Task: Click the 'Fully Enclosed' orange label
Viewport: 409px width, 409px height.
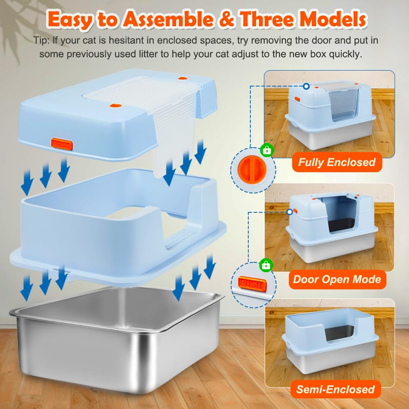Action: pyautogui.click(x=337, y=162)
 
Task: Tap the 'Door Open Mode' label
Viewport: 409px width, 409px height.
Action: pyautogui.click(x=337, y=279)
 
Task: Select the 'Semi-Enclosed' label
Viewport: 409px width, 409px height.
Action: pyautogui.click(x=336, y=389)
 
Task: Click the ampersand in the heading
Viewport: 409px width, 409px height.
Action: pyautogui.click(x=226, y=20)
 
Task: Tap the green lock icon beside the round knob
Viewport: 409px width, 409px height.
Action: pyautogui.click(x=267, y=150)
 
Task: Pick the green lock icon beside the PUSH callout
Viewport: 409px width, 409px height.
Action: pyautogui.click(x=266, y=265)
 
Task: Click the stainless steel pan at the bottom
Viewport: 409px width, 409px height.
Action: pyautogui.click(x=117, y=339)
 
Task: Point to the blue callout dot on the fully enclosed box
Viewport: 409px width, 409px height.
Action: pyautogui.click(x=306, y=86)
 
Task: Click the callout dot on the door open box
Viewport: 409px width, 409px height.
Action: pyautogui.click(x=290, y=212)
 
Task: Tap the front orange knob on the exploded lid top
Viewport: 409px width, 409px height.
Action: pyautogui.click(x=114, y=106)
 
